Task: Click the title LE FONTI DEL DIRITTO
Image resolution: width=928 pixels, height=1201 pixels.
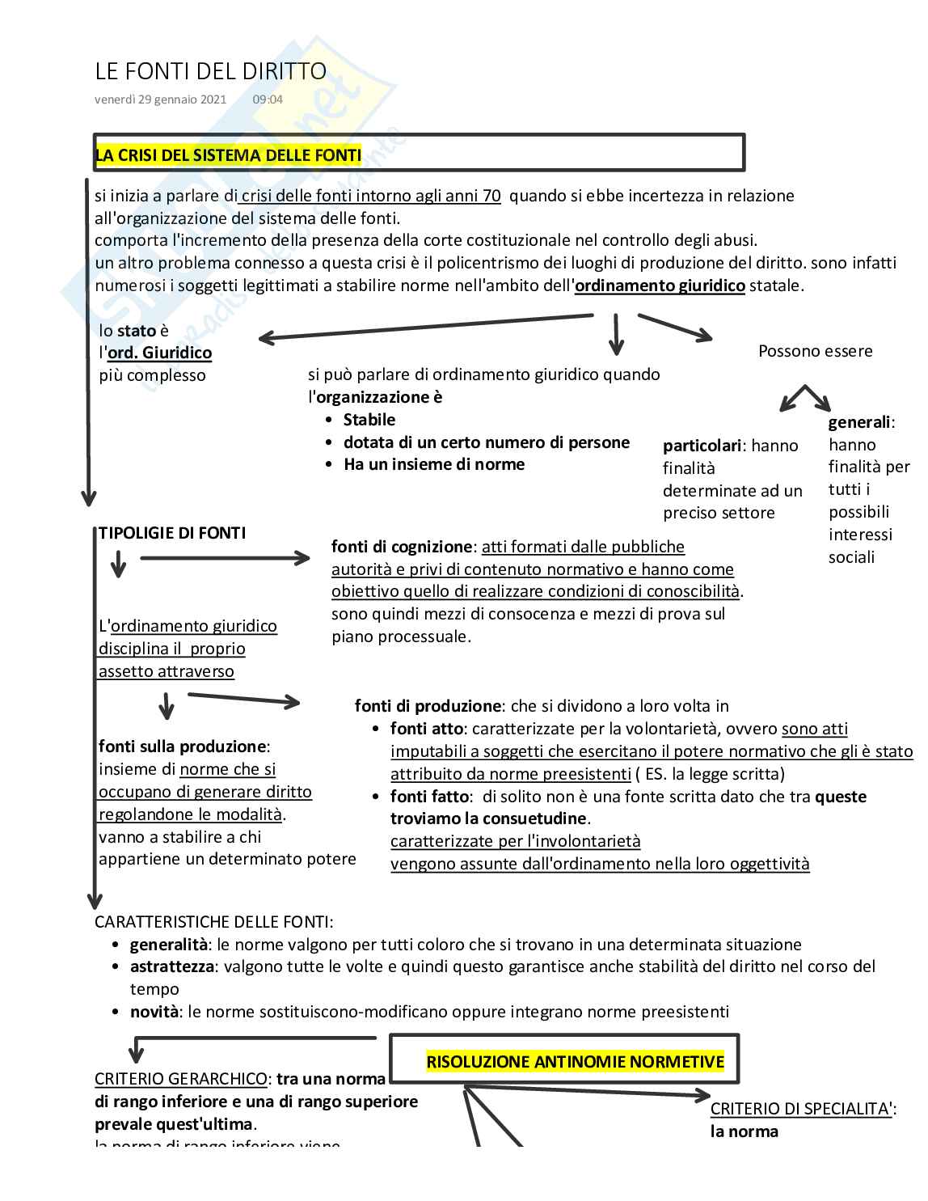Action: (210, 72)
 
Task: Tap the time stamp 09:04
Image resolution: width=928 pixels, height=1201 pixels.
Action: (268, 99)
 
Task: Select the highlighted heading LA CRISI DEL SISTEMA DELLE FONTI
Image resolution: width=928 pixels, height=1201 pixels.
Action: (228, 155)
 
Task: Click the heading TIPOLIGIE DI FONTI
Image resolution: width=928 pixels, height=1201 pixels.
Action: (172, 533)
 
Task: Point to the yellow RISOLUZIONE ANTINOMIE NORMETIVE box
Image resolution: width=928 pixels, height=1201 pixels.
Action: (575, 1062)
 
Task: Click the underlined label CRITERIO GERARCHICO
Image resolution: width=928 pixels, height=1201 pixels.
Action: (180, 1079)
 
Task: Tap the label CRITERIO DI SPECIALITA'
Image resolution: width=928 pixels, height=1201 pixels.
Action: (801, 1109)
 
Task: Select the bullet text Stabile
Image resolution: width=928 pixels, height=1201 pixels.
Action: (369, 420)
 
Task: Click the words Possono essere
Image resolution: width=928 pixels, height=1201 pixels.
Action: (815, 351)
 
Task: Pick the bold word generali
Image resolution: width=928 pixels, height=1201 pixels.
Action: (859, 422)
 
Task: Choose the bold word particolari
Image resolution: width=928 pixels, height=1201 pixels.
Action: (702, 446)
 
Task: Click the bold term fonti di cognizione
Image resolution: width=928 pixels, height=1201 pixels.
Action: (401, 547)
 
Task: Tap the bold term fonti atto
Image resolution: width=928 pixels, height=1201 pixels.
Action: (427, 729)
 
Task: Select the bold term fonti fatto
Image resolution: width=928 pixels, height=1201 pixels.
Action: (429, 797)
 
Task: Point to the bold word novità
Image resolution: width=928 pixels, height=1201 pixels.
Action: (154, 1012)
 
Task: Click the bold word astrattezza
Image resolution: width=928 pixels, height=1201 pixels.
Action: (171, 966)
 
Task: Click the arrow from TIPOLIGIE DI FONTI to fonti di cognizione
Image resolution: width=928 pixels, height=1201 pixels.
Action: (225, 558)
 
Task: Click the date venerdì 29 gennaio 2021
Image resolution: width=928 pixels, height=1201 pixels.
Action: (160, 99)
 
